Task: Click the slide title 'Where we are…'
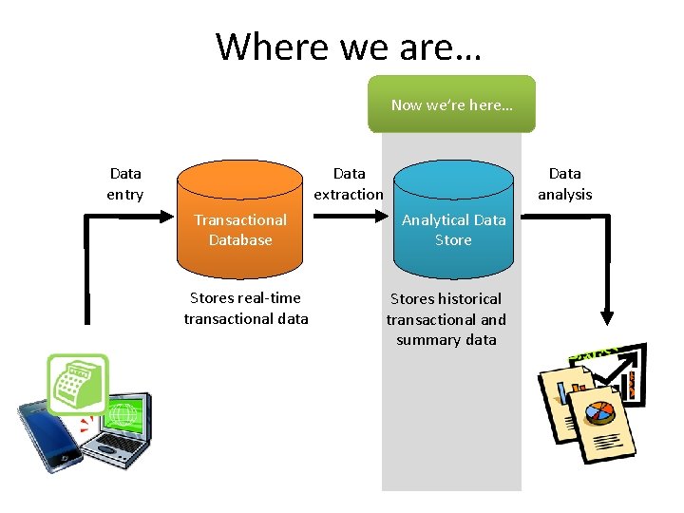(348, 46)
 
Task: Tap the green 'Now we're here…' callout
(451, 104)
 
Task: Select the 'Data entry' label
(125, 183)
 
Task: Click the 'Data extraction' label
(349, 183)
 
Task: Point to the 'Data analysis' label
(564, 183)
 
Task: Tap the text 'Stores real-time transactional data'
(246, 309)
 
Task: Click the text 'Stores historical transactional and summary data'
(446, 319)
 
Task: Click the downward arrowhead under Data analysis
(607, 316)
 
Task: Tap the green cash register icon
(78, 384)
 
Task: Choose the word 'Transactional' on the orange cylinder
(240, 220)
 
